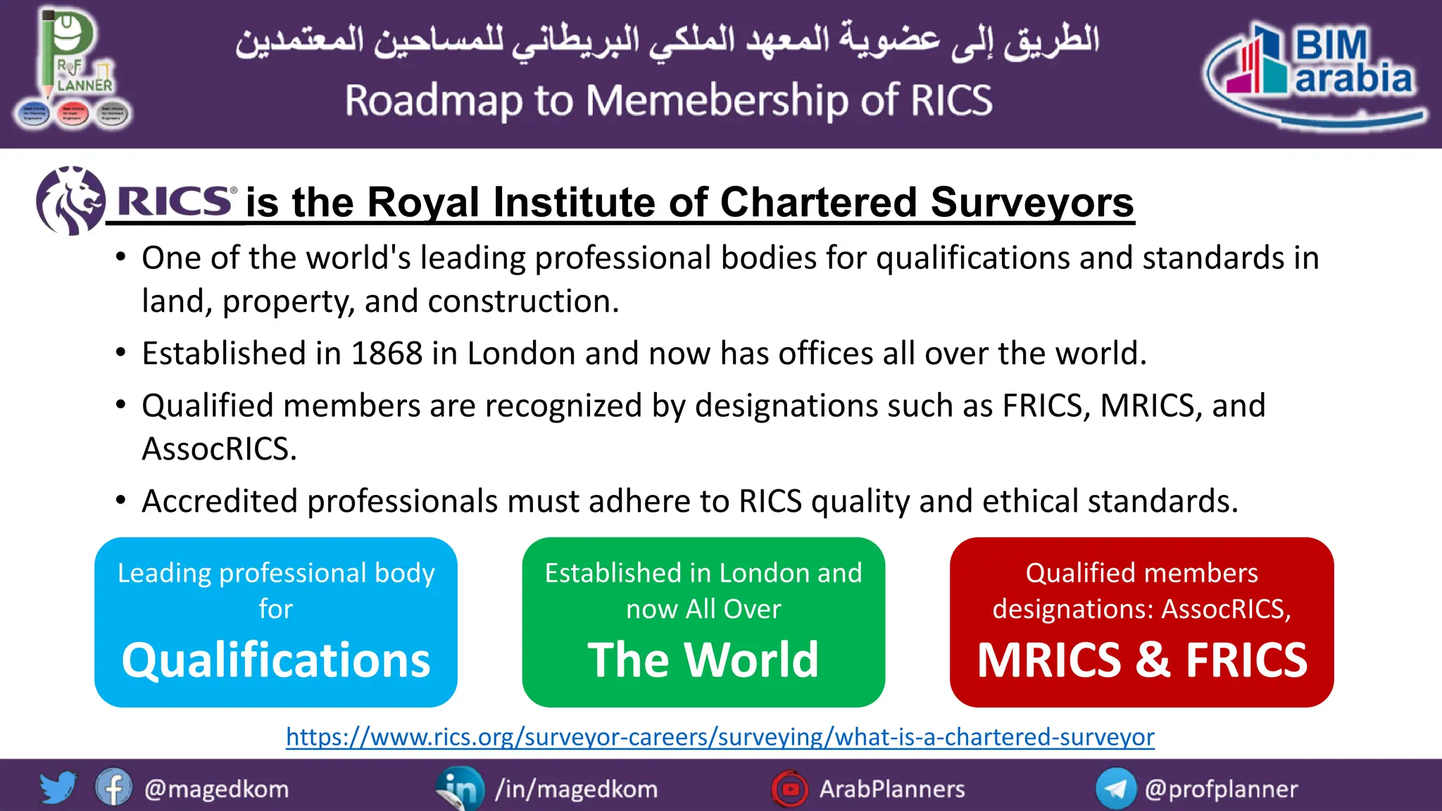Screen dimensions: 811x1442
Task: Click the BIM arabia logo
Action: click(1315, 75)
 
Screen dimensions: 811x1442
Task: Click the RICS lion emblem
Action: click(70, 201)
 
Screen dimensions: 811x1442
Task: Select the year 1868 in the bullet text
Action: click(387, 353)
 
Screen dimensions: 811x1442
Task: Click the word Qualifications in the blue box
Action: click(275, 660)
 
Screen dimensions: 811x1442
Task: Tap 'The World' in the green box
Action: click(703, 660)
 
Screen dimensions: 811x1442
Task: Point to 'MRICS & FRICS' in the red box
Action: click(1141, 660)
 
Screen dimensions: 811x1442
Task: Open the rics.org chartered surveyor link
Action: click(720, 737)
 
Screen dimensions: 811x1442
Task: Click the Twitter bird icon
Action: click(58, 788)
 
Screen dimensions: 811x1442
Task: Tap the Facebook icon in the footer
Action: click(113, 788)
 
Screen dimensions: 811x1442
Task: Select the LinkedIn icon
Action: click(460, 789)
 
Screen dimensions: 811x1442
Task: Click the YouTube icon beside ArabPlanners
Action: click(790, 789)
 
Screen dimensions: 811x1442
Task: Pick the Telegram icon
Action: click(1115, 789)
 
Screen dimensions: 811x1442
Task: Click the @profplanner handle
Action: click(1221, 789)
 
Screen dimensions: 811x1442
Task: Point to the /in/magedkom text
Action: click(576, 789)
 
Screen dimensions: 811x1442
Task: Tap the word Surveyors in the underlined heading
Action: click(1032, 203)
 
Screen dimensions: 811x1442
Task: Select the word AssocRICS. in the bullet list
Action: click(219, 449)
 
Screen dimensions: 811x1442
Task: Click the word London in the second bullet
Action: click(521, 353)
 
